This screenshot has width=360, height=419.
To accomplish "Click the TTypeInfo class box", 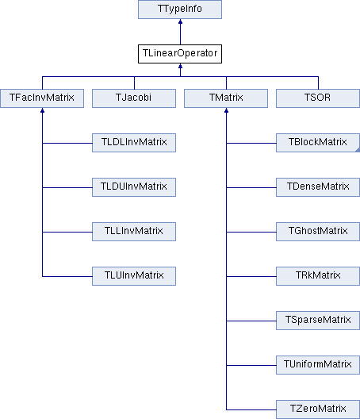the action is (x=180, y=10).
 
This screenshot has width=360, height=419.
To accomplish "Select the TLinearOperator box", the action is (x=180, y=54).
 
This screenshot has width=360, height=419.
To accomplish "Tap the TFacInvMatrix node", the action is (x=42, y=98).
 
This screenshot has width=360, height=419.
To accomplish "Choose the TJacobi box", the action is (x=134, y=98).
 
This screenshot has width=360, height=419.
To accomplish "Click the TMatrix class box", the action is (x=226, y=98).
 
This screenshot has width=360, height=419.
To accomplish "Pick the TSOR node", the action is (x=318, y=98).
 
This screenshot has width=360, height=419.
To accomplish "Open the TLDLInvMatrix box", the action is (x=134, y=143).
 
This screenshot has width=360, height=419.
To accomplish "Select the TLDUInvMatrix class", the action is (x=134, y=187).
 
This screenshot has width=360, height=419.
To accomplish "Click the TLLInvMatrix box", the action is (x=134, y=232).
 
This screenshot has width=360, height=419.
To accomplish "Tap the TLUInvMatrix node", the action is (x=134, y=276).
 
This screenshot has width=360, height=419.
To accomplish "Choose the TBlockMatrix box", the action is (x=318, y=143).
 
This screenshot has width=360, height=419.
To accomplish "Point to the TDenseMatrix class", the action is (x=318, y=187).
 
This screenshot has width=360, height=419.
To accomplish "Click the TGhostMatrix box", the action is (x=318, y=232).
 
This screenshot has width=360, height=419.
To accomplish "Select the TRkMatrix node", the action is (x=318, y=276).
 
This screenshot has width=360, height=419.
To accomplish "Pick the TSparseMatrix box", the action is (x=318, y=321).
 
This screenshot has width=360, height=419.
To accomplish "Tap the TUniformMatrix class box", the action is (x=318, y=365).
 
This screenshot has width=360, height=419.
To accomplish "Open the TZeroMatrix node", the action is (x=318, y=409).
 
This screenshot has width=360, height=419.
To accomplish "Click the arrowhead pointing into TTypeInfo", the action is (x=180, y=21).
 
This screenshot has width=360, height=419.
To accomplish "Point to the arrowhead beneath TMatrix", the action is (x=226, y=110).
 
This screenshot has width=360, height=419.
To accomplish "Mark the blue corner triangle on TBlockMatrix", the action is (x=358, y=150).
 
